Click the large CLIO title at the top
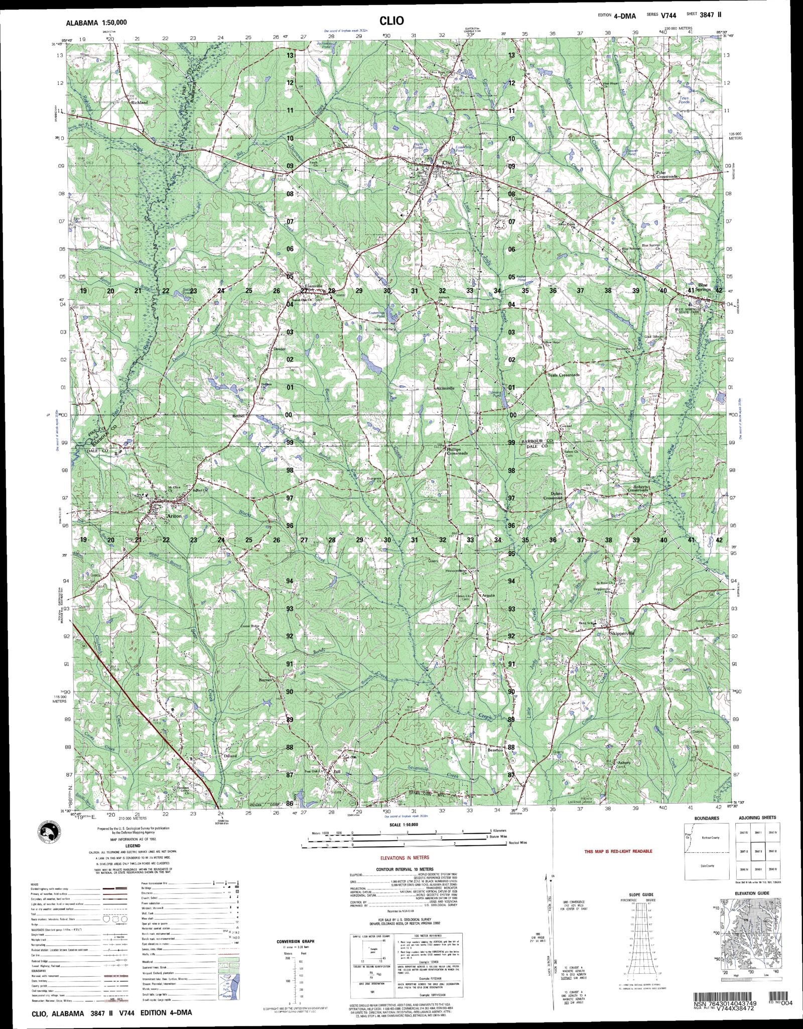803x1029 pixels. (x=391, y=21)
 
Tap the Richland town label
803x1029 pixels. (x=139, y=102)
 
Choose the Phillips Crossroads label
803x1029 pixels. (x=457, y=451)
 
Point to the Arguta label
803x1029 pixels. (x=488, y=596)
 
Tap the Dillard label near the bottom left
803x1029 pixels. (x=230, y=755)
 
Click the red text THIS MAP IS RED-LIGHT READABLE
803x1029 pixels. (x=618, y=851)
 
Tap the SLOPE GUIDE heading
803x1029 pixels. (x=640, y=894)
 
